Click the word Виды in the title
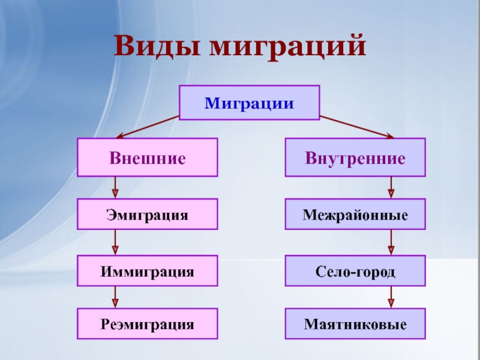coord(155,46)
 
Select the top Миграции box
coord(250,102)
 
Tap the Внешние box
coord(147,157)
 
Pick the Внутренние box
coord(355,157)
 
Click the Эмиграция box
coord(147,214)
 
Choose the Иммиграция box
coord(147,271)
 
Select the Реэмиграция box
coord(147,324)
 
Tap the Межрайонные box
coord(355,214)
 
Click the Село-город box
coord(355,271)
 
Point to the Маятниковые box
coord(355,324)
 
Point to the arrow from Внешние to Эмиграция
coord(115,188)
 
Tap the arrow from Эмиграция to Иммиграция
coord(115,242)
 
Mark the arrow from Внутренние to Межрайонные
coord(391,188)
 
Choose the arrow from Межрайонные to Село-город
coord(391,242)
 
